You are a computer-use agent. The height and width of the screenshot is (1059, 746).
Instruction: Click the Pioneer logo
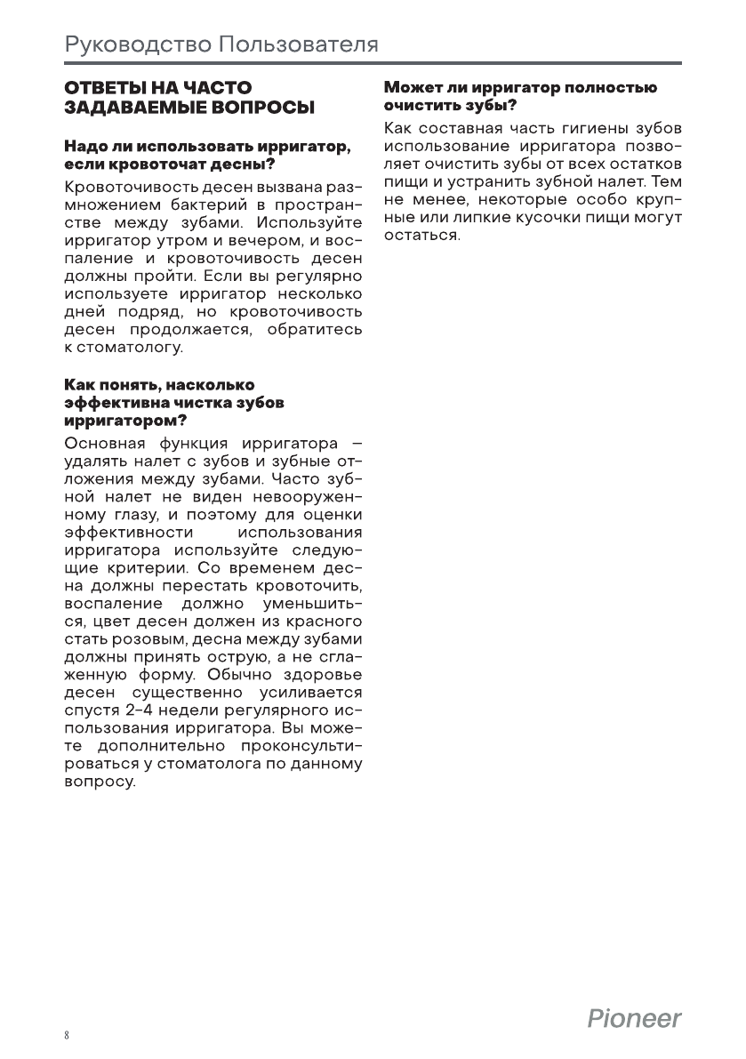click(x=634, y=1018)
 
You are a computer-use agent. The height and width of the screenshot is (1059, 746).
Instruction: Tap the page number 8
click(x=68, y=1036)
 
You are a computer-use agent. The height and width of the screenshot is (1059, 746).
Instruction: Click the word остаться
click(x=421, y=236)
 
